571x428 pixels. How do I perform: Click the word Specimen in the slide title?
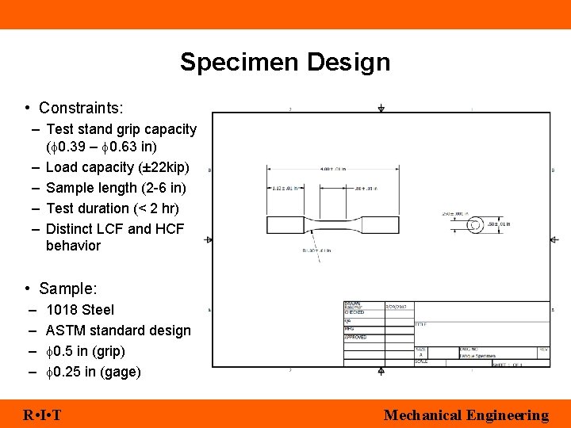tap(240, 63)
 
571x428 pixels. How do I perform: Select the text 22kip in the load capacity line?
tap(168, 167)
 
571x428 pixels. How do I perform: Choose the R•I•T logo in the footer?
tap(44, 415)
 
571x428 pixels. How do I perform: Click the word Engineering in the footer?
tap(507, 415)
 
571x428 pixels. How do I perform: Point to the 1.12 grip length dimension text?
tap(286, 189)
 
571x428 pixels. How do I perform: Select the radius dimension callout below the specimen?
tap(316, 250)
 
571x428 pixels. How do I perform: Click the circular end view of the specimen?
tap(474, 225)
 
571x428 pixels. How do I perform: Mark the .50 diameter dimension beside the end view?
tap(498, 224)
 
